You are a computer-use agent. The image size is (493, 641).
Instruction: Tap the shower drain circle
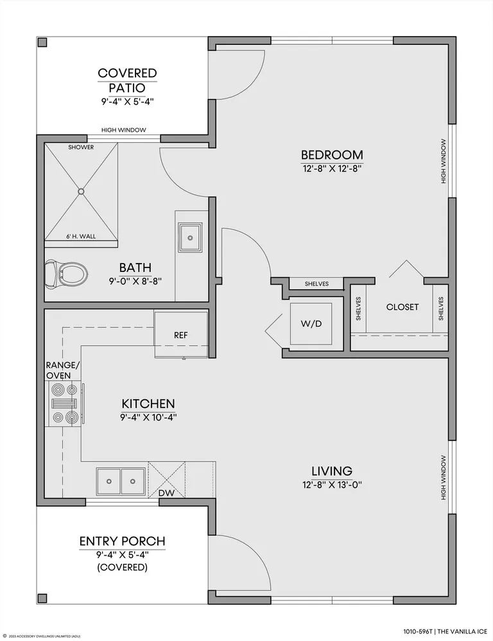[81, 191]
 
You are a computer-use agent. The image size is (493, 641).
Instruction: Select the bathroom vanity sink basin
[190, 237]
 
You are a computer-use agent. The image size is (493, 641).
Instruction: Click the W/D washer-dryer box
[311, 324]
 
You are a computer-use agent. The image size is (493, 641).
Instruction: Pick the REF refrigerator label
[181, 335]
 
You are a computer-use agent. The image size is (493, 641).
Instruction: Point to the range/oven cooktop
[64, 404]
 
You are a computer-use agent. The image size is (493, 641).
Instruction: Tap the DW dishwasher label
[166, 493]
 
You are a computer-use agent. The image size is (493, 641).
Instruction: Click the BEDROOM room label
[333, 155]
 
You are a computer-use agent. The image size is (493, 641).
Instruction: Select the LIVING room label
[333, 471]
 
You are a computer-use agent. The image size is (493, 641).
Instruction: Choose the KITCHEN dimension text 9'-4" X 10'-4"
[148, 417]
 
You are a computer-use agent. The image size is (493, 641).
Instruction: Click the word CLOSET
[402, 307]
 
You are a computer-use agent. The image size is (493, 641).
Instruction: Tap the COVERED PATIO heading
[127, 80]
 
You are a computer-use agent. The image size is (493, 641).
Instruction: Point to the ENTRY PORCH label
[123, 541]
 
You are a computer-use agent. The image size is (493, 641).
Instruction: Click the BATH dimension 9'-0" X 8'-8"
[135, 281]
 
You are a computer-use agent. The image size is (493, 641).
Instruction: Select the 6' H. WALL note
[82, 237]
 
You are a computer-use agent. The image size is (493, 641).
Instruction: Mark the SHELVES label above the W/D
[316, 284]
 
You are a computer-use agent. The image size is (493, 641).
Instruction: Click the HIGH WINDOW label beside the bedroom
[444, 161]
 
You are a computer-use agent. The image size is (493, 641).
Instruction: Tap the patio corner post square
[42, 42]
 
